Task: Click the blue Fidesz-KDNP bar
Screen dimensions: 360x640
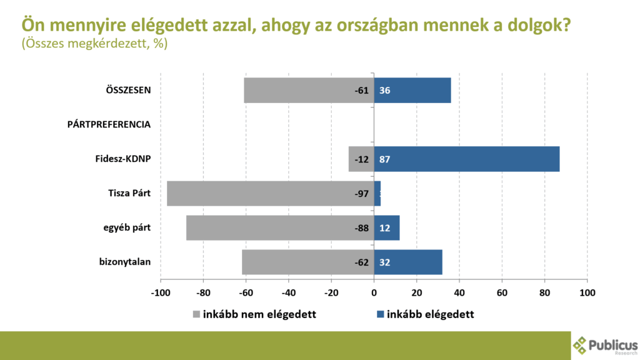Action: [467, 159]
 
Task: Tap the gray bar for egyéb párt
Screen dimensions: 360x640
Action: [269, 227]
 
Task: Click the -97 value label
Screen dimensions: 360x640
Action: [362, 194]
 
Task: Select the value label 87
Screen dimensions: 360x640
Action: [384, 159]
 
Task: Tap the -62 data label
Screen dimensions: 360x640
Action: [362, 262]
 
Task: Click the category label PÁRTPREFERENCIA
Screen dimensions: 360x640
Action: [109, 124]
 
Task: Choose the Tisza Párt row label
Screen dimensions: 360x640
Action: [129, 193]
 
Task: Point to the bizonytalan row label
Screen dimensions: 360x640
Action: [125, 262]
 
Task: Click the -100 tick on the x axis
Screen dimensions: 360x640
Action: [160, 292]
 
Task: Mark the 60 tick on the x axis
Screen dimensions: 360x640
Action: [502, 292]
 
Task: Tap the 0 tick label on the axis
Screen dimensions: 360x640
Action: [374, 292]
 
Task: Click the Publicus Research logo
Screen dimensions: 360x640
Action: [604, 346]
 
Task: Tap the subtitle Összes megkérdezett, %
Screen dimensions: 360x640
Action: [94, 44]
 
